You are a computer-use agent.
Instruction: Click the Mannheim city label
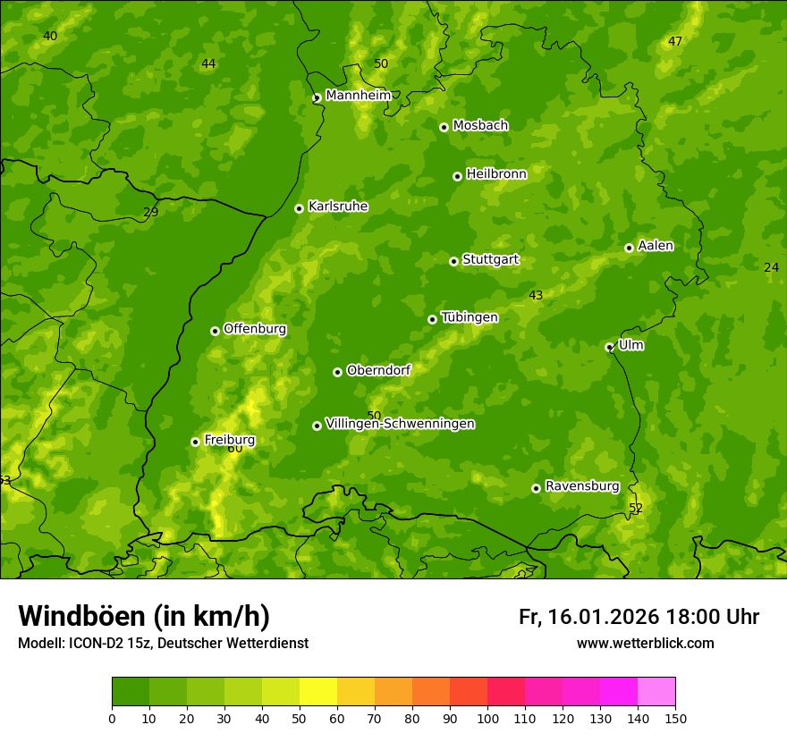(359, 96)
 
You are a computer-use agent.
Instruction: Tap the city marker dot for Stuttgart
(453, 261)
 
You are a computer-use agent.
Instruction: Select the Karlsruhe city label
(338, 207)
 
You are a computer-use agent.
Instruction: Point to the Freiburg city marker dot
(195, 442)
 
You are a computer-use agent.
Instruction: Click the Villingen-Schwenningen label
(400, 424)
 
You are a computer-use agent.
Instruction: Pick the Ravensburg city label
(582, 486)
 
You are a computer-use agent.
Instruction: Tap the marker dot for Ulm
(609, 347)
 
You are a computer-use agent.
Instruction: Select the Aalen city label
(656, 246)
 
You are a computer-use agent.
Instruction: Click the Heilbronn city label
(496, 174)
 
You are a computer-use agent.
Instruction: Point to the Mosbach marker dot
(444, 127)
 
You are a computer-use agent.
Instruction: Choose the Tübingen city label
(470, 317)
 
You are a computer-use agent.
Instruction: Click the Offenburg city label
(255, 329)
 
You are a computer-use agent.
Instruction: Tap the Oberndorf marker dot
(337, 372)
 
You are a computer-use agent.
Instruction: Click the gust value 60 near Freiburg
(235, 448)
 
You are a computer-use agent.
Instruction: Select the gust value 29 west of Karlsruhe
(151, 213)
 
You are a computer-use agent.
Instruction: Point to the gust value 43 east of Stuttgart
(536, 296)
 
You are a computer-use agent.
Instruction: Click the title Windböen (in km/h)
(144, 616)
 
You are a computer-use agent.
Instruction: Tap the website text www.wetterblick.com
(645, 644)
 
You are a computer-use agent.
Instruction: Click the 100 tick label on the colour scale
(487, 718)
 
